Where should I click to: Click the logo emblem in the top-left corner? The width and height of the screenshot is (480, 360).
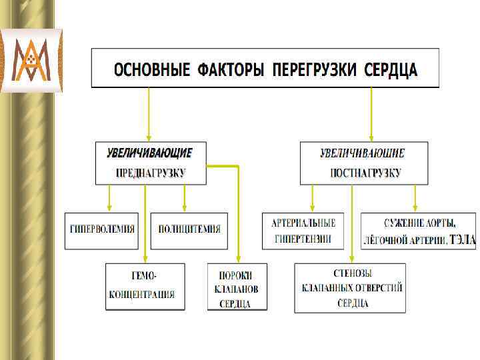pyautogui.click(x=31, y=60)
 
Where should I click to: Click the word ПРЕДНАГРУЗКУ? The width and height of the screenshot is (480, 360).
pyautogui.click(x=151, y=173)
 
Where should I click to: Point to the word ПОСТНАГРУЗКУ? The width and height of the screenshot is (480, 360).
pyautogui.click(x=365, y=173)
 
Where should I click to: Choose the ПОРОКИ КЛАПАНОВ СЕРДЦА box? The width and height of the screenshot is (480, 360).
pyautogui.click(x=237, y=287)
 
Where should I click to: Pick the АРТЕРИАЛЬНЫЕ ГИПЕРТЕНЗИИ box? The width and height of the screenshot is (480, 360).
pyautogui.click(x=303, y=231)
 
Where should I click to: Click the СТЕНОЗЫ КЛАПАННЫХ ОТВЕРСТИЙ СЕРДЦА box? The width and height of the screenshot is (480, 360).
pyautogui.click(x=350, y=288)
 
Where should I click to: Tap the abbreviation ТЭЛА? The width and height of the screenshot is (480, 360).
pyautogui.click(x=463, y=239)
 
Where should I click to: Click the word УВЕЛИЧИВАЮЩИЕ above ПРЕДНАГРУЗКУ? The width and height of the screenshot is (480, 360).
pyautogui.click(x=149, y=153)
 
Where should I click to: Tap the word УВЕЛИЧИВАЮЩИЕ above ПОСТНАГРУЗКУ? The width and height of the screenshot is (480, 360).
pyautogui.click(x=363, y=153)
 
